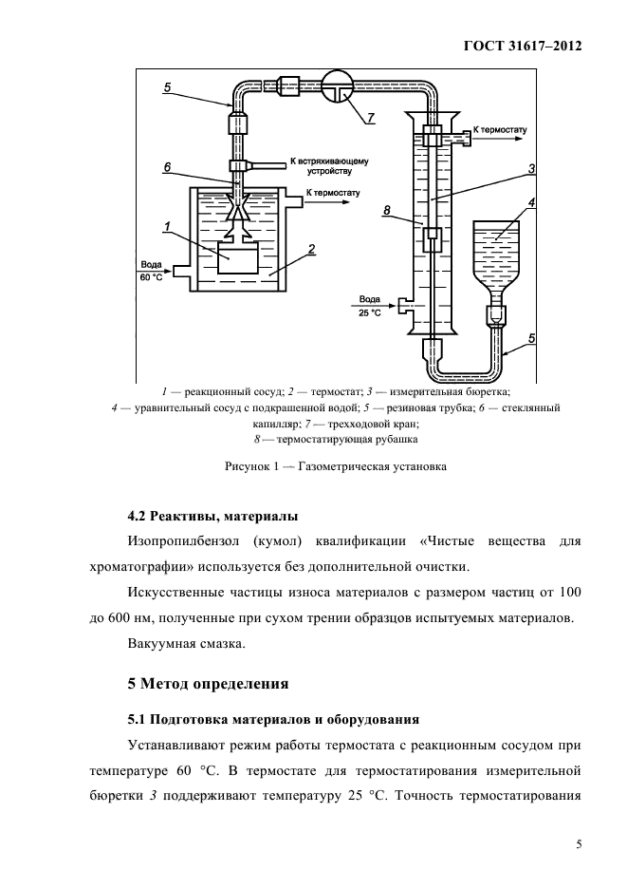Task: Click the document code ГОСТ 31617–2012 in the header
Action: [x=522, y=46]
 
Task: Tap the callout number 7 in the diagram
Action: [x=371, y=118]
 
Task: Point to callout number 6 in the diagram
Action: [x=167, y=166]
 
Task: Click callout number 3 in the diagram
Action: [x=532, y=168]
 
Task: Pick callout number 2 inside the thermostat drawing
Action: [x=311, y=250]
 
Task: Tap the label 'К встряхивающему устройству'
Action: [x=328, y=167]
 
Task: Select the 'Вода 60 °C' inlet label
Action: [x=151, y=271]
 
